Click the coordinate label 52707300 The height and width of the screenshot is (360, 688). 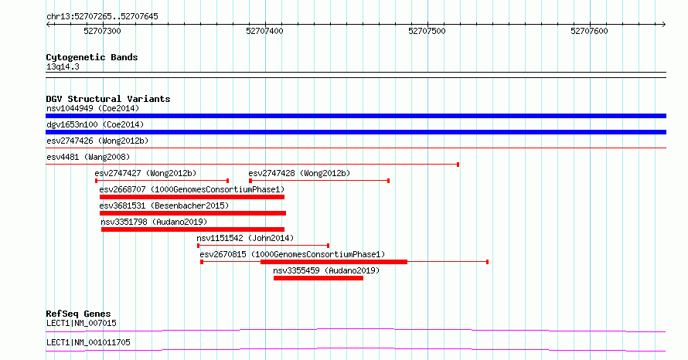pos(102,31)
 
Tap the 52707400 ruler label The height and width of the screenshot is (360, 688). pos(264,31)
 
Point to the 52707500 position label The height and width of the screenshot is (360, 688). pos(427,31)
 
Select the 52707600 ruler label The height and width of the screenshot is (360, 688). pos(589,31)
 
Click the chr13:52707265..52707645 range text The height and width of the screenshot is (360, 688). pos(102,17)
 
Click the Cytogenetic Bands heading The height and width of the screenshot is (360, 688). pos(92,57)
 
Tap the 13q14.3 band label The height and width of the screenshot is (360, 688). pos(63,66)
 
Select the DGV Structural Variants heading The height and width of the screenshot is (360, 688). pos(108,99)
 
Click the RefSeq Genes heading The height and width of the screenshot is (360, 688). pos(79,314)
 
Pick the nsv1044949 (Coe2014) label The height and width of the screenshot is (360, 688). pos(93,108)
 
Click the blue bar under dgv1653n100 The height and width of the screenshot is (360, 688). pos(356,132)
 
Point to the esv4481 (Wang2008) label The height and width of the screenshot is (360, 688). pos(88,157)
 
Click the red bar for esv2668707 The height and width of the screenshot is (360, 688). pos(192,197)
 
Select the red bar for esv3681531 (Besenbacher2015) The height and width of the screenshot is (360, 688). pos(192,213)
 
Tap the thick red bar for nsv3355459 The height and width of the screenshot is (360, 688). pos(318,278)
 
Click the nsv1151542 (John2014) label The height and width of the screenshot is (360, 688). pos(245,238)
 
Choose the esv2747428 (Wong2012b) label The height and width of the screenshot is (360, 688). pos(299,173)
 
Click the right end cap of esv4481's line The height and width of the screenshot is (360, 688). pos(458,165)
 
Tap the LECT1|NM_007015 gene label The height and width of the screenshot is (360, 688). pos(81,323)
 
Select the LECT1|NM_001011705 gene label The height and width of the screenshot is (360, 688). pos(88,342)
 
